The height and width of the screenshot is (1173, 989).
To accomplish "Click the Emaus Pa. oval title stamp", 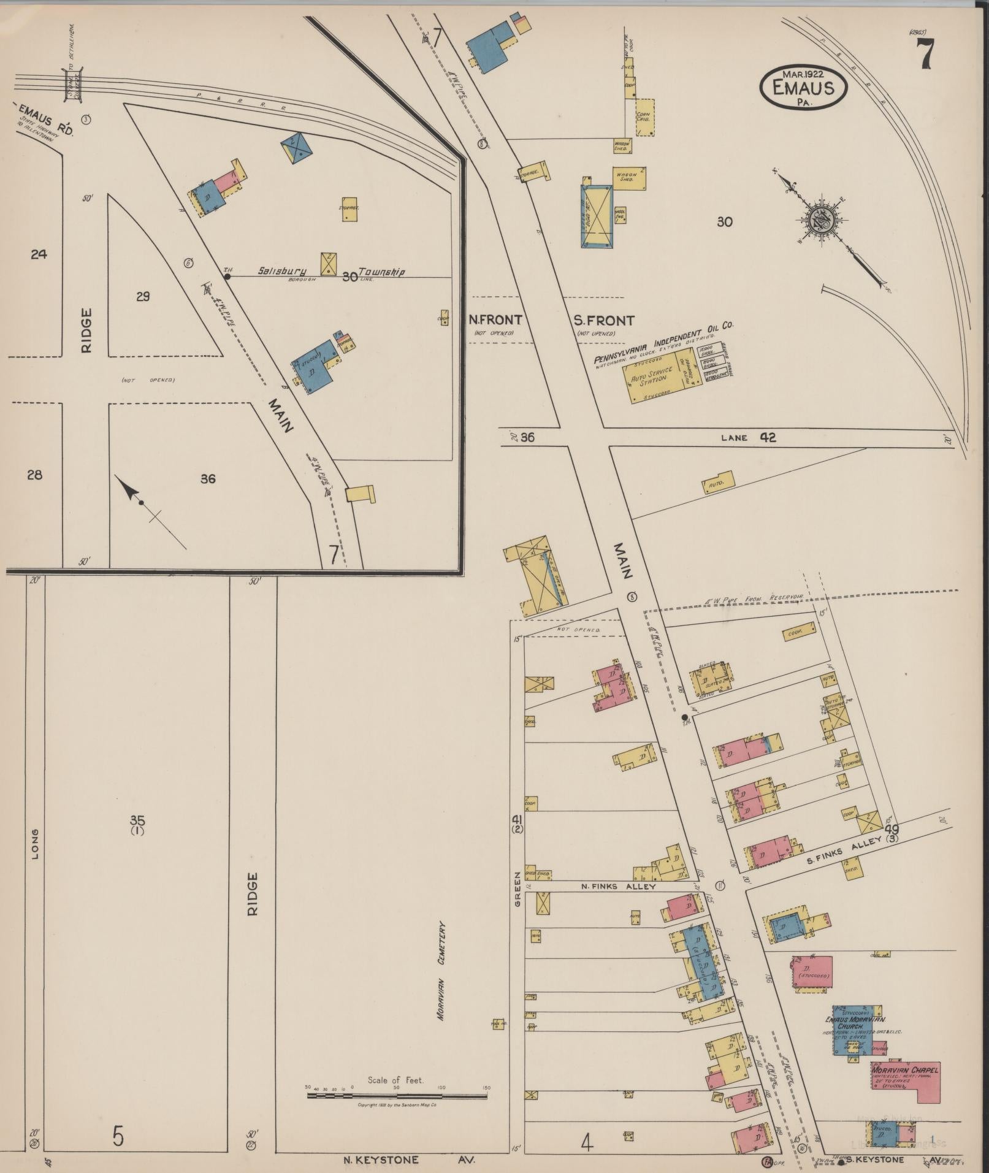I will (803, 88).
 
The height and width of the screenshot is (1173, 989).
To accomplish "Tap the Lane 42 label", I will (749, 438).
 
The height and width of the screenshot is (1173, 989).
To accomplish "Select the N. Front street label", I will (495, 319).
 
